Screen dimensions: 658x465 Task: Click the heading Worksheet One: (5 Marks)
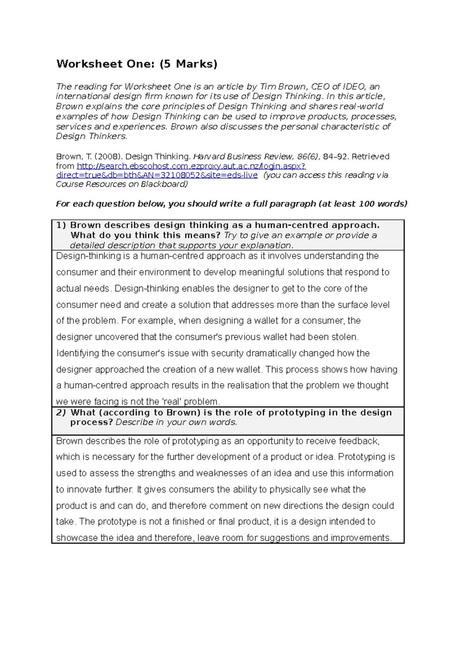coord(137,64)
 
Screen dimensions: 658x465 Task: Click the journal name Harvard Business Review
coord(243,157)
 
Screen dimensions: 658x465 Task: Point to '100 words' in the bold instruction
coord(382,204)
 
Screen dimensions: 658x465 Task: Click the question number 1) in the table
coord(61,225)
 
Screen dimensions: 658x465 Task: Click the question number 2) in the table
coord(61,413)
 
